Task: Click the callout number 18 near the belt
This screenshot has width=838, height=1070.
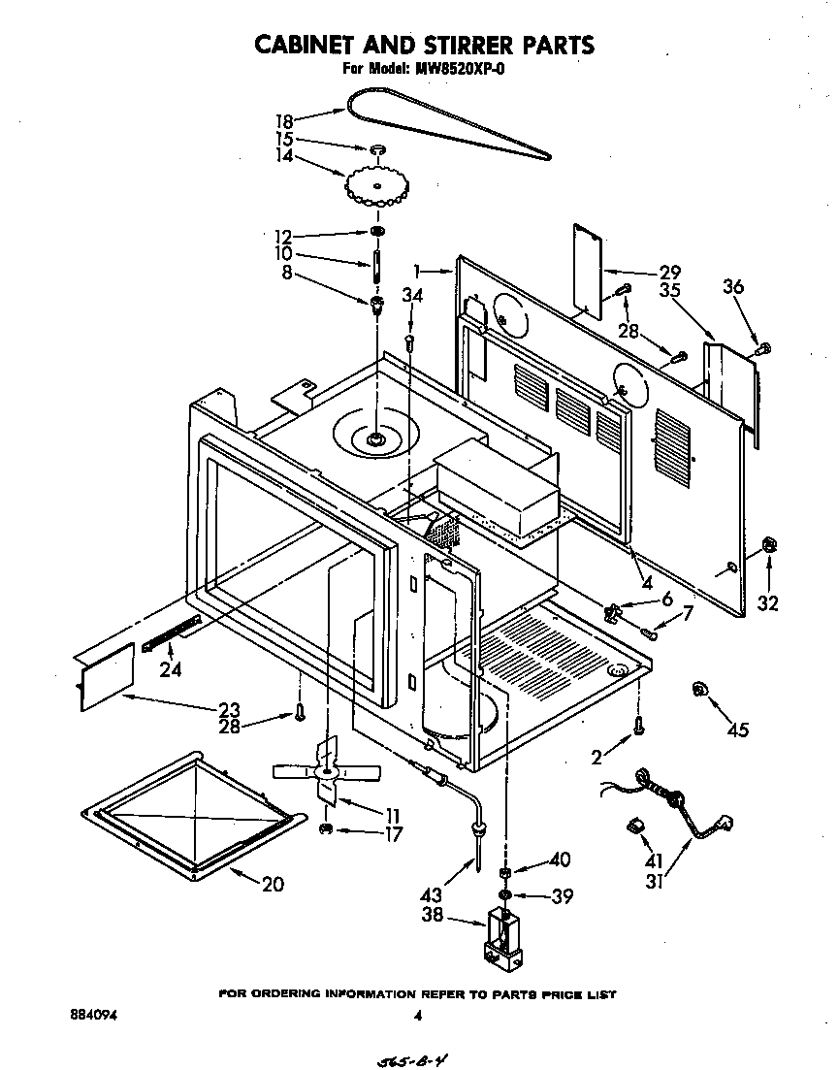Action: (x=283, y=121)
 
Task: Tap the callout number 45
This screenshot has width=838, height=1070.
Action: (x=738, y=730)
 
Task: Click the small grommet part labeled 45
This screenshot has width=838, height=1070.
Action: (x=698, y=690)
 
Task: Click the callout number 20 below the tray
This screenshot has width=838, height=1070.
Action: (x=274, y=884)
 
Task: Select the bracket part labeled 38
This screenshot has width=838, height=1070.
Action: (x=502, y=938)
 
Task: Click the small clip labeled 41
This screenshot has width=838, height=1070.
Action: (x=636, y=825)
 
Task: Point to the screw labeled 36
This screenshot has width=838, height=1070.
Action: (x=762, y=346)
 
